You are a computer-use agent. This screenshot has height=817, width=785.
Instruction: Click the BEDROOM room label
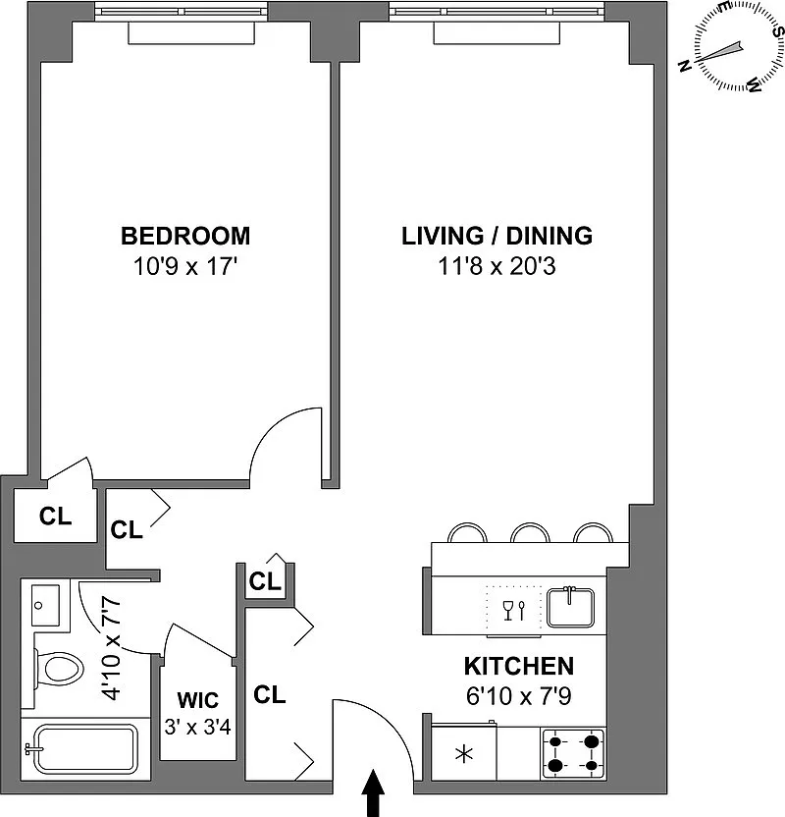[x=185, y=236]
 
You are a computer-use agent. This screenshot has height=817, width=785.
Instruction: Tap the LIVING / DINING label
[x=497, y=236]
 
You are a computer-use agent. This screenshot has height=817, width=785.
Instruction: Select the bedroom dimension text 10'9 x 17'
[x=185, y=266]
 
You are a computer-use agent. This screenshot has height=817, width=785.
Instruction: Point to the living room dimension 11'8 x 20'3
[x=497, y=266]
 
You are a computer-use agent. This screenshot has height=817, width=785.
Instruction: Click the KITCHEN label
[x=519, y=666]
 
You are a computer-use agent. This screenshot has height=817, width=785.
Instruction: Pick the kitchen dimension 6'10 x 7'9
[x=519, y=695]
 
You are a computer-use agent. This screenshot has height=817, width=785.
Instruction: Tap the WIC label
[x=198, y=700]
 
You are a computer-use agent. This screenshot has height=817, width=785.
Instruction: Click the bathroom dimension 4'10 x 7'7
[x=112, y=649]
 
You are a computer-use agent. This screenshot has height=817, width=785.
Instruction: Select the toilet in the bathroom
[x=59, y=669]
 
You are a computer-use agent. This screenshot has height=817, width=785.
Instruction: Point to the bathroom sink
[x=46, y=605]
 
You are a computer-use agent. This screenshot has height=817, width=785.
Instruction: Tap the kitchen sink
[x=570, y=608]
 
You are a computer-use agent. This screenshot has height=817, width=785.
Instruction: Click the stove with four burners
[x=573, y=753]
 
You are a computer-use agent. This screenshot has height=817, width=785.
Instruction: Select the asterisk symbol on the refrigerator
[x=464, y=754]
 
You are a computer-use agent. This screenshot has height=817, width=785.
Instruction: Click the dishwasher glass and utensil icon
[x=514, y=610]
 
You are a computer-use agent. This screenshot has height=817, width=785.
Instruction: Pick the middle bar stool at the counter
[x=530, y=532]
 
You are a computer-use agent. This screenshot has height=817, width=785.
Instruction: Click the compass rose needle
[x=720, y=52]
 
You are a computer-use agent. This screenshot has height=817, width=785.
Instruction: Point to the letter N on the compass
[x=685, y=66]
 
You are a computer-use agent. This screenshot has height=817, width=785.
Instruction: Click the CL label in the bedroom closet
[x=55, y=516]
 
